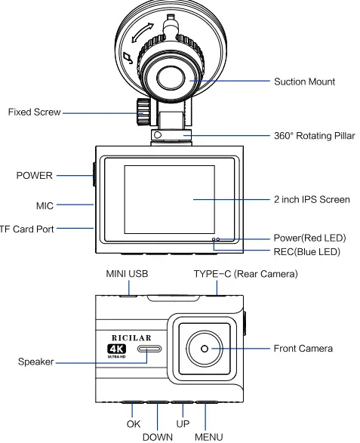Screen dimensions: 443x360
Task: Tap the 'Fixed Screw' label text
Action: click(35, 112)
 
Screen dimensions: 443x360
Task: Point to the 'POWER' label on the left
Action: click(35, 176)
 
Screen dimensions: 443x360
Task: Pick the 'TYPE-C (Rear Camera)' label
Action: click(245, 274)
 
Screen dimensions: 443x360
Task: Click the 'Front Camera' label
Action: click(302, 349)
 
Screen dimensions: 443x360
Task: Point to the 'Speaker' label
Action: click(35, 362)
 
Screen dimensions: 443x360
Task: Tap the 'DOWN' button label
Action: click(158, 436)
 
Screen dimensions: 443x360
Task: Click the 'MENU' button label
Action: click(210, 436)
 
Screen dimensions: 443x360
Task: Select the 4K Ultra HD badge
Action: click(118, 350)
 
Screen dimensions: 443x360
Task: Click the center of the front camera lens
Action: click(205, 349)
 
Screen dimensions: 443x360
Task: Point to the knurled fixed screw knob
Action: click(141, 112)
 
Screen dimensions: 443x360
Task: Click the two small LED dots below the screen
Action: click(216, 238)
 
